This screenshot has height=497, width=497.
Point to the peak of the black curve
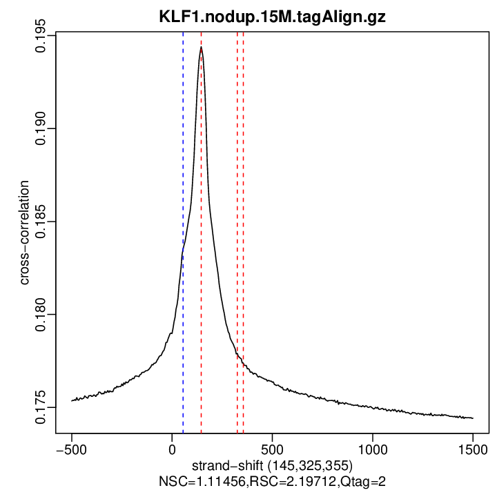click(201, 48)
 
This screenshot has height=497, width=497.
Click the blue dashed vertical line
click(183, 207)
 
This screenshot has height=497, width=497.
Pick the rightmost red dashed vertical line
click(244, 207)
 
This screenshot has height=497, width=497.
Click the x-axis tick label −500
click(71, 448)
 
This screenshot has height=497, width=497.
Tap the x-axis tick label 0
click(172, 448)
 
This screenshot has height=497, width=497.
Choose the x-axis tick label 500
click(272, 448)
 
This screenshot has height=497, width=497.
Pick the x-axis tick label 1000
click(373, 448)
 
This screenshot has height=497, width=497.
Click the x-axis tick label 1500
click(473, 448)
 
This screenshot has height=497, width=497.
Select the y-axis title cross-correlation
click(24, 233)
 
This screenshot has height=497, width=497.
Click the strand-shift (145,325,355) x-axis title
click(273, 463)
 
